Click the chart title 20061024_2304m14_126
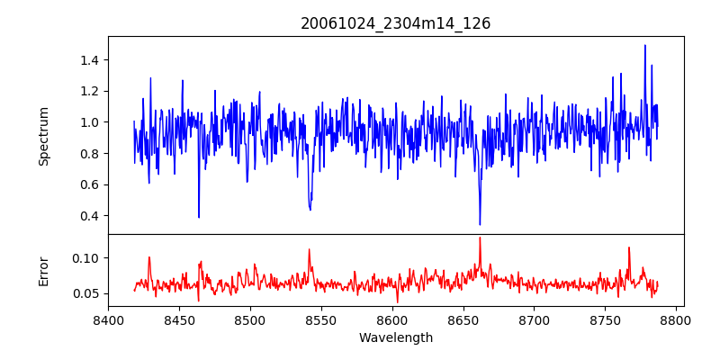(x=395, y=23)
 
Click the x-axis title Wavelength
(x=395, y=338)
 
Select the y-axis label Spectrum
(x=44, y=136)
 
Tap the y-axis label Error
(x=44, y=271)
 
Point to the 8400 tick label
(x=108, y=320)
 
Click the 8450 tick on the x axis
(x=179, y=320)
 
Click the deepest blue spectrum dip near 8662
(x=480, y=224)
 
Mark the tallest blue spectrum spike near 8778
(x=645, y=45)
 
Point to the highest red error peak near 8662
(x=480, y=238)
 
